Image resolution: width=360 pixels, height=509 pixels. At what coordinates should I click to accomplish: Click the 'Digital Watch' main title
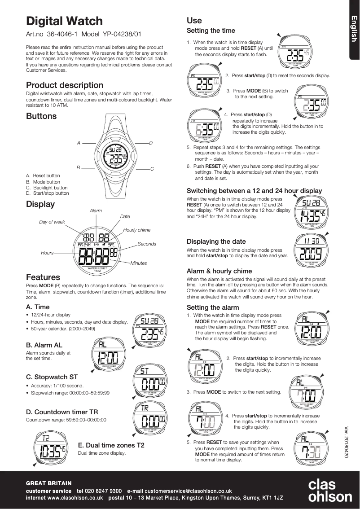point(64,21)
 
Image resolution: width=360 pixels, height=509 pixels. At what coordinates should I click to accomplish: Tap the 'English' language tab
point(354,29)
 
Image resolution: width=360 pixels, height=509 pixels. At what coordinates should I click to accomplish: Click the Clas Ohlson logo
point(329,491)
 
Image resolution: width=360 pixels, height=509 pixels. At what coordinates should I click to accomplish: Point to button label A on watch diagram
point(78,143)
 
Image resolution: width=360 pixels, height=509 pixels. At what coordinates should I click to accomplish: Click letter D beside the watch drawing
point(151,143)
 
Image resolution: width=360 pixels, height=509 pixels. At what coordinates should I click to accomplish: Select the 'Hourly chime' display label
point(137,230)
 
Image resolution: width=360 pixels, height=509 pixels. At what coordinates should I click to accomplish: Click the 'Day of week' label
point(52,222)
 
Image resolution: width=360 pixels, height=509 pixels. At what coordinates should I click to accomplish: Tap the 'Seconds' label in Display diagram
point(147,244)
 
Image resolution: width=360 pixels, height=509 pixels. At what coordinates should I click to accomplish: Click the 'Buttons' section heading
point(41,116)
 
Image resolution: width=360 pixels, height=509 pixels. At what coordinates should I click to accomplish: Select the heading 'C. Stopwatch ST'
point(52,377)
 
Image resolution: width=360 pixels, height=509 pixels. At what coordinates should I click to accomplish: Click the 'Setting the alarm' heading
point(213,307)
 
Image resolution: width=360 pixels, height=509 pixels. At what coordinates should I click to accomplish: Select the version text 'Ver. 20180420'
point(346,442)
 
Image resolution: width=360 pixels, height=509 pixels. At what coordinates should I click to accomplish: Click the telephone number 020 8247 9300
point(106,491)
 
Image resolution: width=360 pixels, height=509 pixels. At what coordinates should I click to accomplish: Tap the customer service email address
point(188,491)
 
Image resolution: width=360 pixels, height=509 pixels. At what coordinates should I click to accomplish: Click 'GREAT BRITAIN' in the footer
point(48,483)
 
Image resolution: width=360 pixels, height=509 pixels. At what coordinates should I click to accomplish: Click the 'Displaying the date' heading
point(216,241)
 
